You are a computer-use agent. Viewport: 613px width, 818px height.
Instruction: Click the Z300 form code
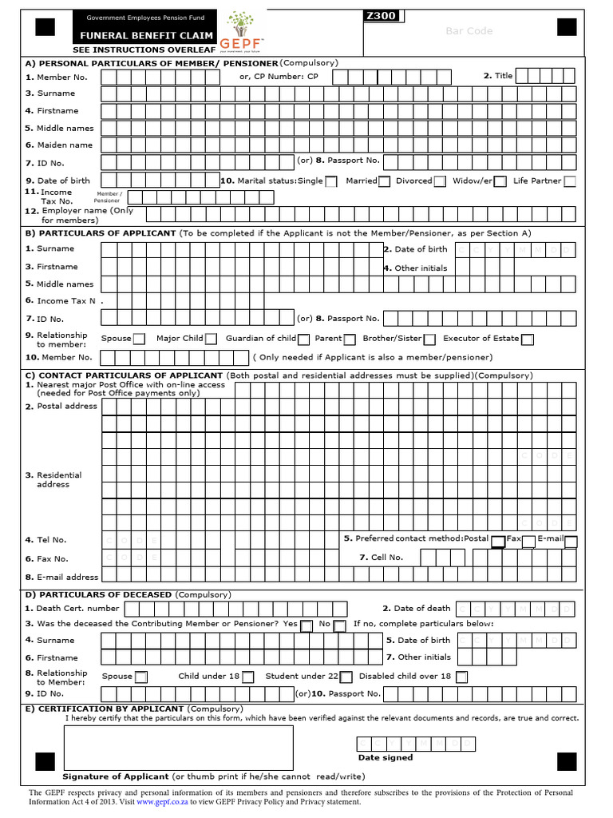coord(381,15)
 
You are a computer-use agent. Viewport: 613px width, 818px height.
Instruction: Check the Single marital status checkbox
coord(331,181)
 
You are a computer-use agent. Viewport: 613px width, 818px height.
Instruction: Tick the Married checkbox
coord(384,181)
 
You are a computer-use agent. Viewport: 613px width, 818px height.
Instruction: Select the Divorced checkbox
coord(439,181)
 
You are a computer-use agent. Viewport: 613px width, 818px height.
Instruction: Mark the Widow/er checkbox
coord(500,181)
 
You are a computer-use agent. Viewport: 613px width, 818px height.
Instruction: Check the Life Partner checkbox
coord(570,181)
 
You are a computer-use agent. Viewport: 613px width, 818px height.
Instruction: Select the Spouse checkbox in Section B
coord(139,339)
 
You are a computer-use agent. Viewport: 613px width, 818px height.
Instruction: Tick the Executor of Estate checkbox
coord(528,339)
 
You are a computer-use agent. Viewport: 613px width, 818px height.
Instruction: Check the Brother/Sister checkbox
coord(429,339)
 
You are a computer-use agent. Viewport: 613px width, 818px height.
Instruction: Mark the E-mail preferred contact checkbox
coord(571,542)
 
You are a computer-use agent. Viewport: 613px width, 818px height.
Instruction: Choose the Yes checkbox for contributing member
coord(306,625)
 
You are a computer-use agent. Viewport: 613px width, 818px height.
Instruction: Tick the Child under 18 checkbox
coord(248,677)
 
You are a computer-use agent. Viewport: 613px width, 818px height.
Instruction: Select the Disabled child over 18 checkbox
coord(461,677)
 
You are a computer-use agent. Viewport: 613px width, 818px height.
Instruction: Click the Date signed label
coord(386,757)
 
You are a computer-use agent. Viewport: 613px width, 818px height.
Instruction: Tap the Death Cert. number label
coord(77,609)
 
